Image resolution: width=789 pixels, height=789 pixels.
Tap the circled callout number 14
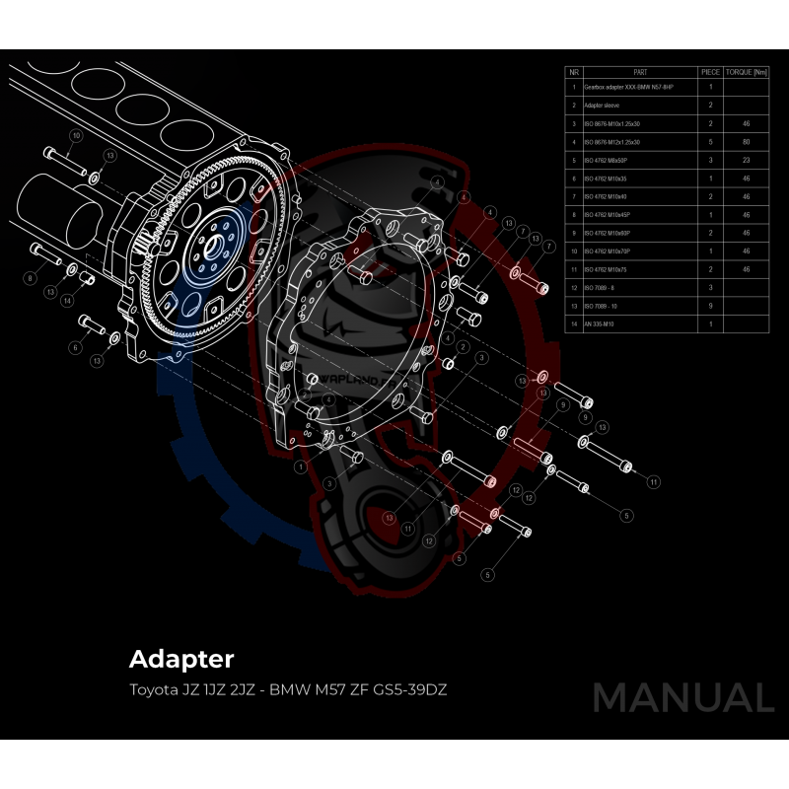67,300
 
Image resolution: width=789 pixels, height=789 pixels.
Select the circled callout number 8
31,279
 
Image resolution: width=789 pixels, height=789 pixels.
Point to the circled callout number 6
75,347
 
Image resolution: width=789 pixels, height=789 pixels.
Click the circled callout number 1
300,466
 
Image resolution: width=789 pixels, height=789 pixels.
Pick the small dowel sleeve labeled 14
86,278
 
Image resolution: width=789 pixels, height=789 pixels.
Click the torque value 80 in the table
746,142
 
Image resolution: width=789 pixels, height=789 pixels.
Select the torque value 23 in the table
746,160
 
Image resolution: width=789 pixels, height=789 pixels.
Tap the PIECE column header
710,72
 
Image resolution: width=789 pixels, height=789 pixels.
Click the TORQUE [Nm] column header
746,72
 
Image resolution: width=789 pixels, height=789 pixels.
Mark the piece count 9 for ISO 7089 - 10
710,306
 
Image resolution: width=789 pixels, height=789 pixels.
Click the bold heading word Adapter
180,658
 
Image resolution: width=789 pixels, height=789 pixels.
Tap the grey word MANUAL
682,697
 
